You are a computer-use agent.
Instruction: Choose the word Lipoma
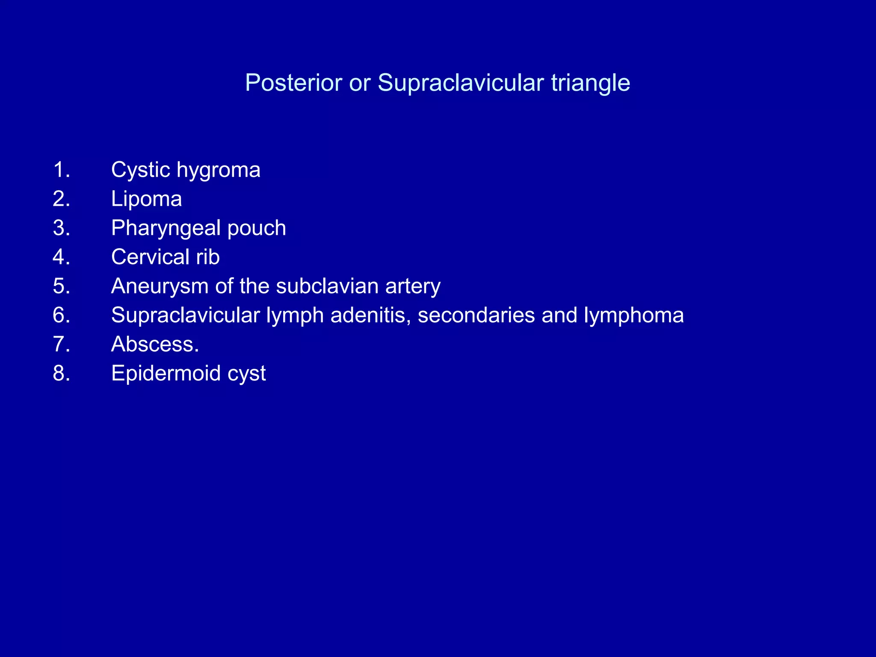click(146, 199)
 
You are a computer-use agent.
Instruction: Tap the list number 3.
click(61, 228)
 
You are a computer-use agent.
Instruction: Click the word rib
click(208, 257)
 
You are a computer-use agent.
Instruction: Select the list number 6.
click(61, 315)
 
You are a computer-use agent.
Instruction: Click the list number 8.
click(61, 373)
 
